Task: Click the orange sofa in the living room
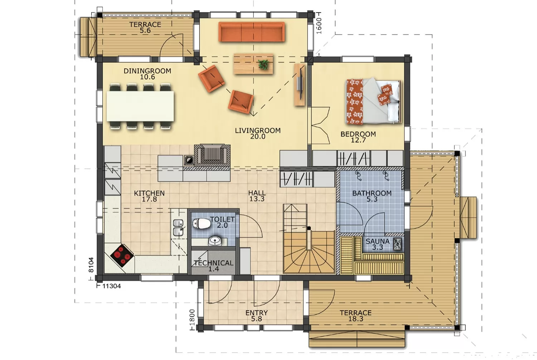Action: click(251, 32)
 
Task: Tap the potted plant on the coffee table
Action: click(263, 64)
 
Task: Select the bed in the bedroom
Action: click(373, 101)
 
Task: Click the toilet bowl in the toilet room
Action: click(201, 224)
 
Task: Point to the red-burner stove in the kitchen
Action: click(122, 256)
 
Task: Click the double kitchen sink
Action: click(178, 228)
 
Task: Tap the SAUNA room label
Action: click(377, 241)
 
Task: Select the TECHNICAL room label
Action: click(213, 263)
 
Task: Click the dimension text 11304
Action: click(111, 286)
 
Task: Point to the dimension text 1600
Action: click(319, 26)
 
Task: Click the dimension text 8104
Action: click(91, 265)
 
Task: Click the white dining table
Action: click(140, 106)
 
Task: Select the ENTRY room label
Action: click(256, 313)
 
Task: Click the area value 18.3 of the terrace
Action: click(356, 319)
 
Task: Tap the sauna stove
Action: click(397, 244)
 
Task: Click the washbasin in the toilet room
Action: click(215, 240)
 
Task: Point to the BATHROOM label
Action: click(372, 193)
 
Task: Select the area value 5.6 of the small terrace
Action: click(145, 30)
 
